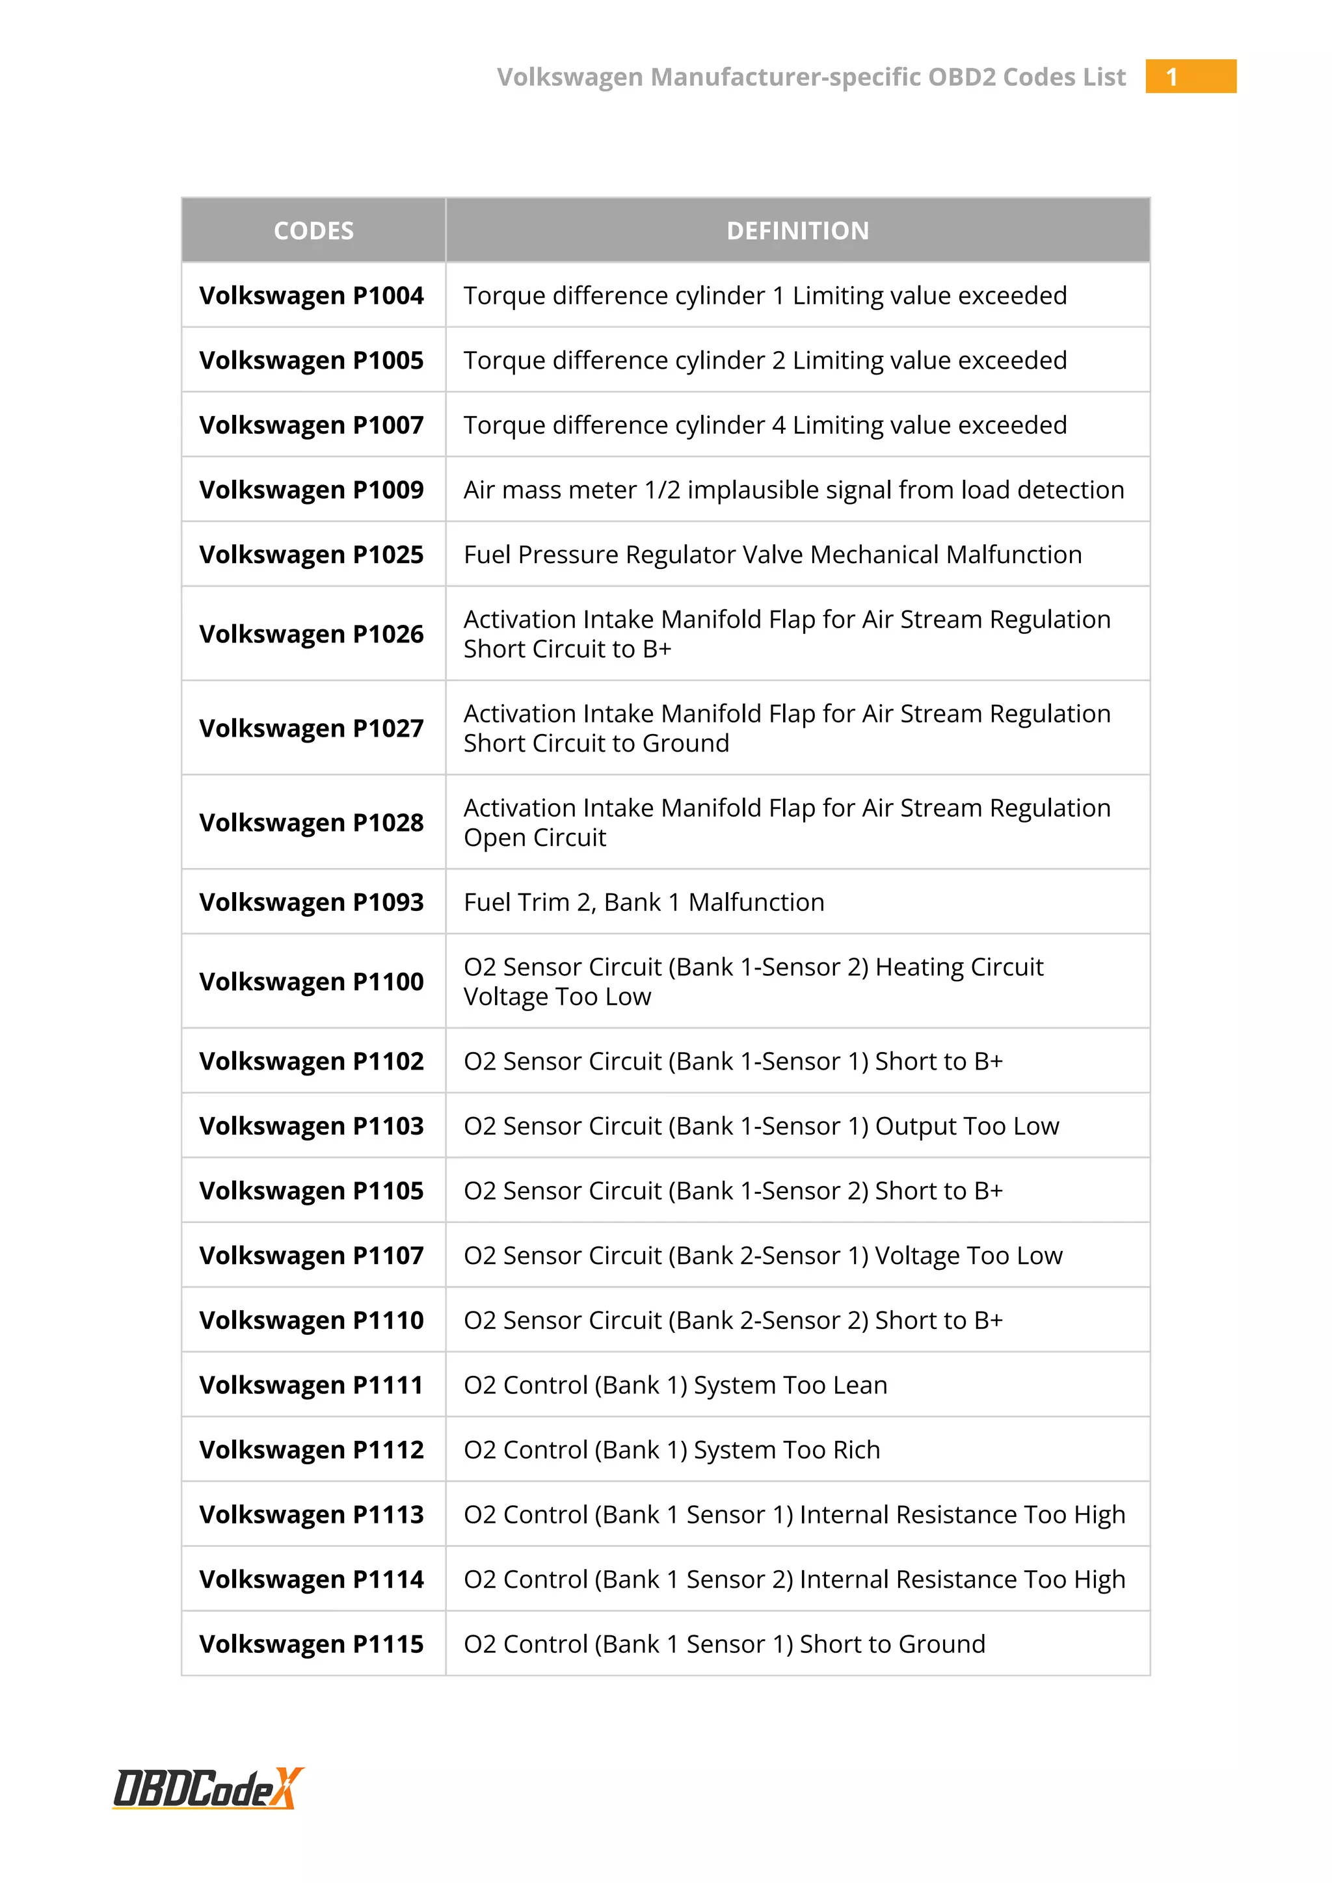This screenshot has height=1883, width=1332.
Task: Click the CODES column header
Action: [313, 230]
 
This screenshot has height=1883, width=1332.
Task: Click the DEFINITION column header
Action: [797, 230]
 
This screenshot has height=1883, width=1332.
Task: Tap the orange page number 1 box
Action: [1190, 76]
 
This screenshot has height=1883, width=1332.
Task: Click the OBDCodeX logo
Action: [207, 1788]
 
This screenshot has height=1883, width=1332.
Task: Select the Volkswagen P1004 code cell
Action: [312, 295]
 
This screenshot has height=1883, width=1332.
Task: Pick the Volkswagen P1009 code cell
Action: [312, 490]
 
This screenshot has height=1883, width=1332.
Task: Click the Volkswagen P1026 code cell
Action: [312, 634]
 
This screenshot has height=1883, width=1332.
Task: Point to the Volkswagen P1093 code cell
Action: [312, 902]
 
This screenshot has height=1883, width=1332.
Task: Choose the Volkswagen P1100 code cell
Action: [312, 982]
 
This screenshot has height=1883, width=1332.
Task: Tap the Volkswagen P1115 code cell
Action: [312, 1644]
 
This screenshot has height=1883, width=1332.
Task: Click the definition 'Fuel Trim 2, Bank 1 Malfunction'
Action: [644, 902]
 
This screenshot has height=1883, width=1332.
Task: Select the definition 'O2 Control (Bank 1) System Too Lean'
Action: [675, 1385]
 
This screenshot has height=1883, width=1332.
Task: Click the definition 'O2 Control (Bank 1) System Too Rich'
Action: [672, 1450]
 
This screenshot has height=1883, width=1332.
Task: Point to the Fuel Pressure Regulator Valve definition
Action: [773, 555]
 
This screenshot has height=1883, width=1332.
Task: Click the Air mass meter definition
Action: [793, 490]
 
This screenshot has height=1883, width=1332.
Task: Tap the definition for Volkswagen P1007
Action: [764, 425]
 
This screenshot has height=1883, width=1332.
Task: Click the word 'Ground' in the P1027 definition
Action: [686, 743]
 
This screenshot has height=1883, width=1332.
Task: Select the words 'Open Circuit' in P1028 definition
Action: [535, 837]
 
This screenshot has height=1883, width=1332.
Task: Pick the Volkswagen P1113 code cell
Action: [312, 1515]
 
